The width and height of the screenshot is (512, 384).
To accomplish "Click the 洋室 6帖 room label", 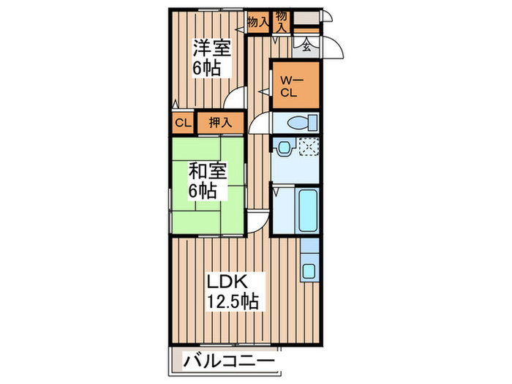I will coord(211,58).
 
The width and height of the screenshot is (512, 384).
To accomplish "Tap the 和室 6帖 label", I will coord(207,181).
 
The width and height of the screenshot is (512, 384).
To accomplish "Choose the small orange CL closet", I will coord(182,123).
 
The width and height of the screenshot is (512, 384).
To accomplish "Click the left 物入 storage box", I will coord(257,23).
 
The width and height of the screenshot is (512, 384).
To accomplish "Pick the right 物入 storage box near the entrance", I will coord(282,21).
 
